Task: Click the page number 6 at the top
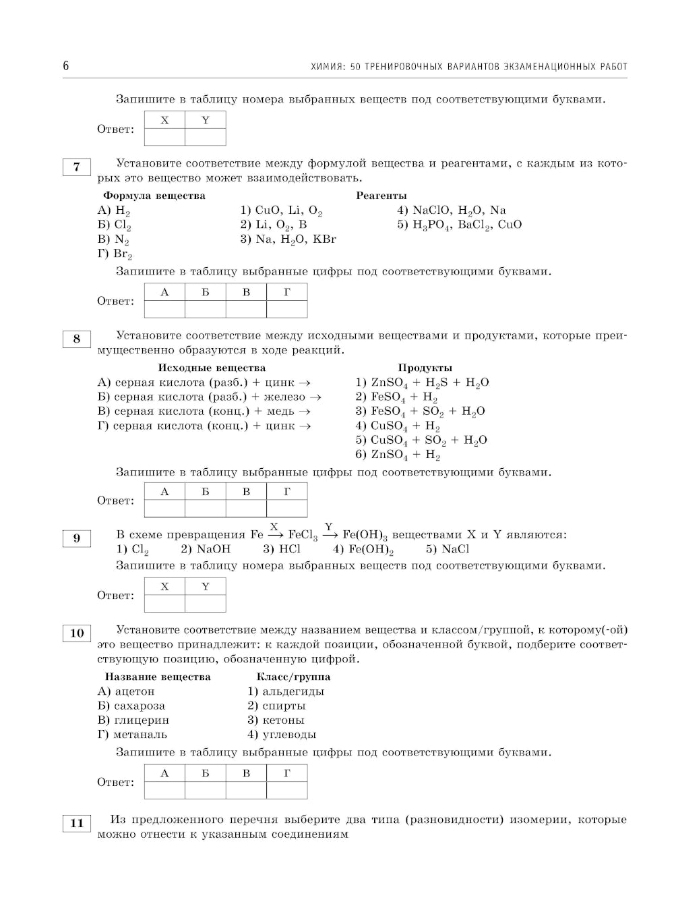pyautogui.click(x=66, y=66)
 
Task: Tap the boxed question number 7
pyautogui.click(x=76, y=167)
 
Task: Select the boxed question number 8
pyautogui.click(x=76, y=339)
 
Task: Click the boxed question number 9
pyautogui.click(x=76, y=538)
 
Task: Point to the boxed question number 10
pyautogui.click(x=76, y=633)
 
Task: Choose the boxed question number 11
pyautogui.click(x=76, y=823)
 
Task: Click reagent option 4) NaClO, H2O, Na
pyautogui.click(x=451, y=210)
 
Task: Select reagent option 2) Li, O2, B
pyautogui.click(x=273, y=225)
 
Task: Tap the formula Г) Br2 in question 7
pyautogui.click(x=115, y=254)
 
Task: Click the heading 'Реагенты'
pyautogui.click(x=381, y=196)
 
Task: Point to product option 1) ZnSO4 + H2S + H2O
pyautogui.click(x=422, y=383)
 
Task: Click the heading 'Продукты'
pyautogui.click(x=425, y=368)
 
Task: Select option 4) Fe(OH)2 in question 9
pyautogui.click(x=363, y=550)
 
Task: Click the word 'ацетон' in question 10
pyautogui.click(x=134, y=691)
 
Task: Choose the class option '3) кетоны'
pyautogui.click(x=276, y=720)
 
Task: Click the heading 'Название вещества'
pyautogui.click(x=158, y=677)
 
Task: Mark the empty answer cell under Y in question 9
pyautogui.click(x=206, y=603)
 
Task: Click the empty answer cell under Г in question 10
pyautogui.click(x=286, y=790)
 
